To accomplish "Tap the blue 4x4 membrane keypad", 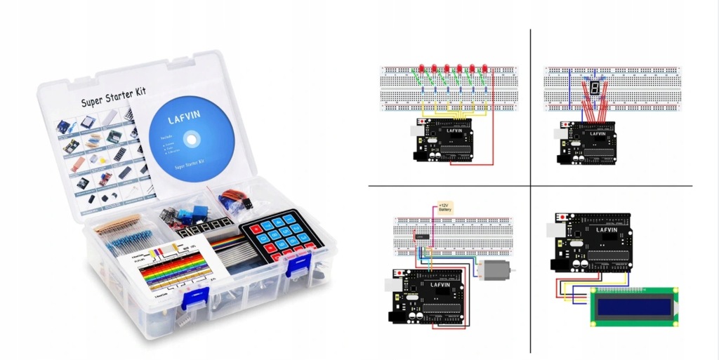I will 281,238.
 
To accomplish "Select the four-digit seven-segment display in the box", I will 204,227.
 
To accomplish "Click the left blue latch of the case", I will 192,298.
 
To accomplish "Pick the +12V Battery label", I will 444,208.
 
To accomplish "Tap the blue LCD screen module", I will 635,307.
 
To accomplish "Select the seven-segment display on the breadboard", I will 594,88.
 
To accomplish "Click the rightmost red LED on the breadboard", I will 485,69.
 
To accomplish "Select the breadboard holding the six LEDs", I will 449,89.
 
